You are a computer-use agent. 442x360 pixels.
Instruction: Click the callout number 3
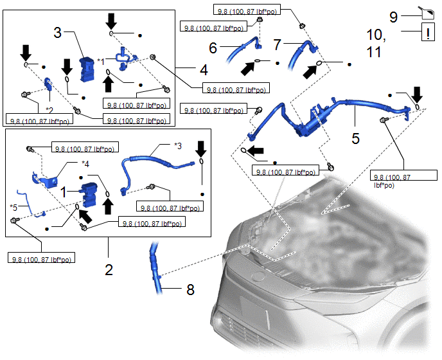point(58,33)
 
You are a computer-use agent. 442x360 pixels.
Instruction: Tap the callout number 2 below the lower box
point(109,269)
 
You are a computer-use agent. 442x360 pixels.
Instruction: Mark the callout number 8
point(190,289)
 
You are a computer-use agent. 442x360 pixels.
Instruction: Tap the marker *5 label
point(15,206)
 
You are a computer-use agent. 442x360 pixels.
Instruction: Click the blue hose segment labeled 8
point(155,270)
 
